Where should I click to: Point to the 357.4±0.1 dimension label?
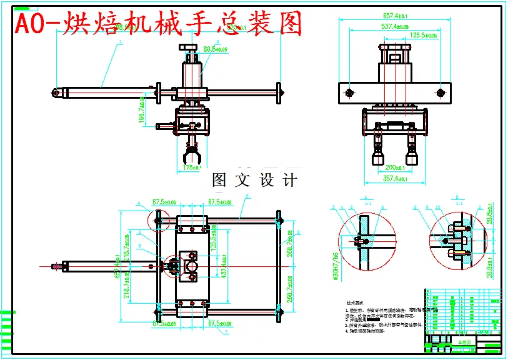pyautogui.click(x=394, y=179)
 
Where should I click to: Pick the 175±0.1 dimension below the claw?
pyautogui.click(x=191, y=168)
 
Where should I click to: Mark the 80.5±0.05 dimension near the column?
pyautogui.click(x=216, y=48)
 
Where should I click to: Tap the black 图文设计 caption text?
pyautogui.click(x=255, y=181)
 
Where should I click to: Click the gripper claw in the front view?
pyautogui.click(x=191, y=151)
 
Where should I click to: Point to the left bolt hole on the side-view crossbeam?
pyautogui.click(x=349, y=93)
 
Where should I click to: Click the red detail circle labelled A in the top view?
pyautogui.click(x=159, y=219)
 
